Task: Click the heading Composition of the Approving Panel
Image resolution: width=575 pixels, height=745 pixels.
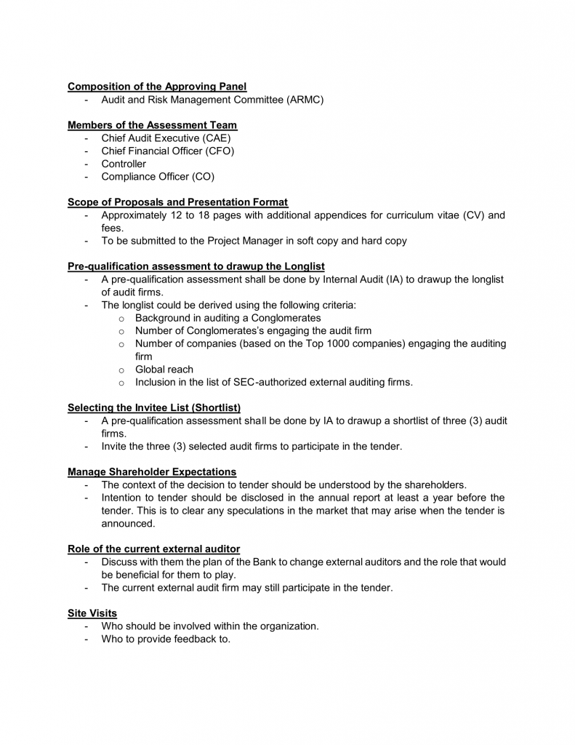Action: coord(157,87)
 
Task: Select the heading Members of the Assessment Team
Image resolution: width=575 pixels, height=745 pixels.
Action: coord(152,125)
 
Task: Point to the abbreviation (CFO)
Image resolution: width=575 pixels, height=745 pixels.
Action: coord(217,151)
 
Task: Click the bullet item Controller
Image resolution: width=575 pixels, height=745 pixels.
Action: coord(124,164)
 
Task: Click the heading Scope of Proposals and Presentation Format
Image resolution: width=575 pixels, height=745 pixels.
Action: coord(177,202)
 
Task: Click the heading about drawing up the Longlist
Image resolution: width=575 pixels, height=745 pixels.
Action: coord(196,266)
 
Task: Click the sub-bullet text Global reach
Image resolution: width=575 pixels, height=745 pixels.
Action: coord(164,369)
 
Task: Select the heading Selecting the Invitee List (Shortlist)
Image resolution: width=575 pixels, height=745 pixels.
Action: coord(154,407)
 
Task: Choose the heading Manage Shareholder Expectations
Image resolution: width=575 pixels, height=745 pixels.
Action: coord(152,472)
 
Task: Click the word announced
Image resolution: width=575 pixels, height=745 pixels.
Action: coord(128,523)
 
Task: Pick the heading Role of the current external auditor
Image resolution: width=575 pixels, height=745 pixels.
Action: coord(153,549)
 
